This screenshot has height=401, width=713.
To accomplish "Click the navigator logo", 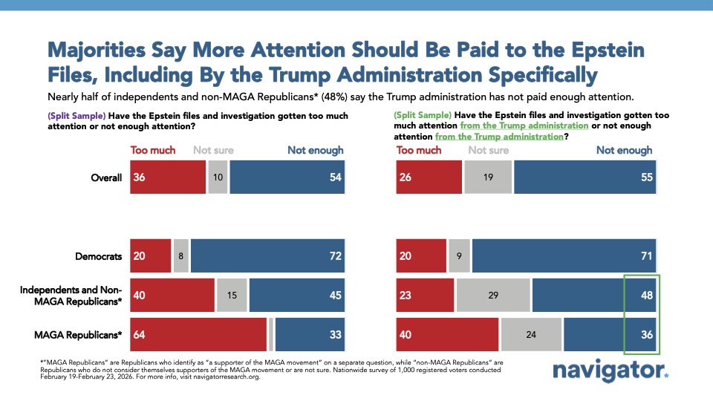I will (611, 371).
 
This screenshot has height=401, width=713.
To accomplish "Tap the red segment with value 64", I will (198, 334).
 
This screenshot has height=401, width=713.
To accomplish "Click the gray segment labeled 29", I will (493, 295).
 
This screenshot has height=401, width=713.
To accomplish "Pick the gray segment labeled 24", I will (531, 334).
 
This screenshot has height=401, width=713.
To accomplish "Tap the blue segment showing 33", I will (310, 334).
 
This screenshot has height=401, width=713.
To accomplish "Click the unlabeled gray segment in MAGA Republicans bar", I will (271, 334).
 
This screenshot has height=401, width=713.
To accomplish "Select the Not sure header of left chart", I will (213, 150).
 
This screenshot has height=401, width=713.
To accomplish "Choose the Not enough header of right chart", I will (624, 150).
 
